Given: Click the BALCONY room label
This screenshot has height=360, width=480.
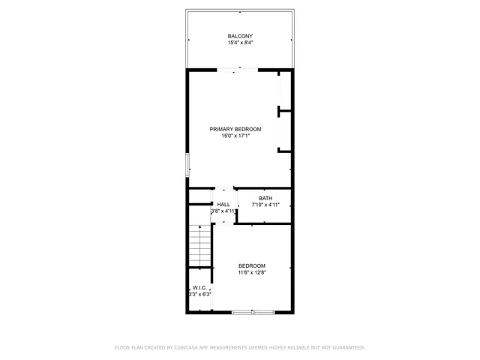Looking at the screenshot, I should [x=240, y=36].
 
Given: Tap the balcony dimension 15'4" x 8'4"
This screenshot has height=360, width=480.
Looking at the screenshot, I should [x=240, y=43].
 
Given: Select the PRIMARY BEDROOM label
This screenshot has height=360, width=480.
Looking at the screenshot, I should [x=235, y=129].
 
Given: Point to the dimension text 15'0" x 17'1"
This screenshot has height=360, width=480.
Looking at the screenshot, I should [x=235, y=136].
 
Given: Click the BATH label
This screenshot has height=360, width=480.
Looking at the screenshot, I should [x=265, y=198].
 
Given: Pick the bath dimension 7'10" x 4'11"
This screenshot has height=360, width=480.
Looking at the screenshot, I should [x=265, y=205].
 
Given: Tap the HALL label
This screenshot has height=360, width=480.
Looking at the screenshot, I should [x=223, y=205].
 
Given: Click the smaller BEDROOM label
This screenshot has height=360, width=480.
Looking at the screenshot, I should [x=252, y=265].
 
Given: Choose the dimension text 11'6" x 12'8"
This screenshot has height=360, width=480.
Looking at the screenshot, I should [x=252, y=272].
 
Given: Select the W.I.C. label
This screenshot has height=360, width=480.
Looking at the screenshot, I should [x=199, y=287].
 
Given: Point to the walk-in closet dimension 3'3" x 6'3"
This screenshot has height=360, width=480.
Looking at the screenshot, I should [x=199, y=294].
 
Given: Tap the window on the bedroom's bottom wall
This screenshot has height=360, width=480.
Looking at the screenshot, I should [x=252, y=312].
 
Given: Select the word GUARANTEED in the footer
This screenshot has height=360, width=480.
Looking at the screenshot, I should [x=346, y=347].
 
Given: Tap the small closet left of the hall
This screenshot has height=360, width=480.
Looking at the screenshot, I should [x=200, y=196].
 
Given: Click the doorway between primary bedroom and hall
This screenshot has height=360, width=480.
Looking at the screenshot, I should [x=225, y=187].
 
